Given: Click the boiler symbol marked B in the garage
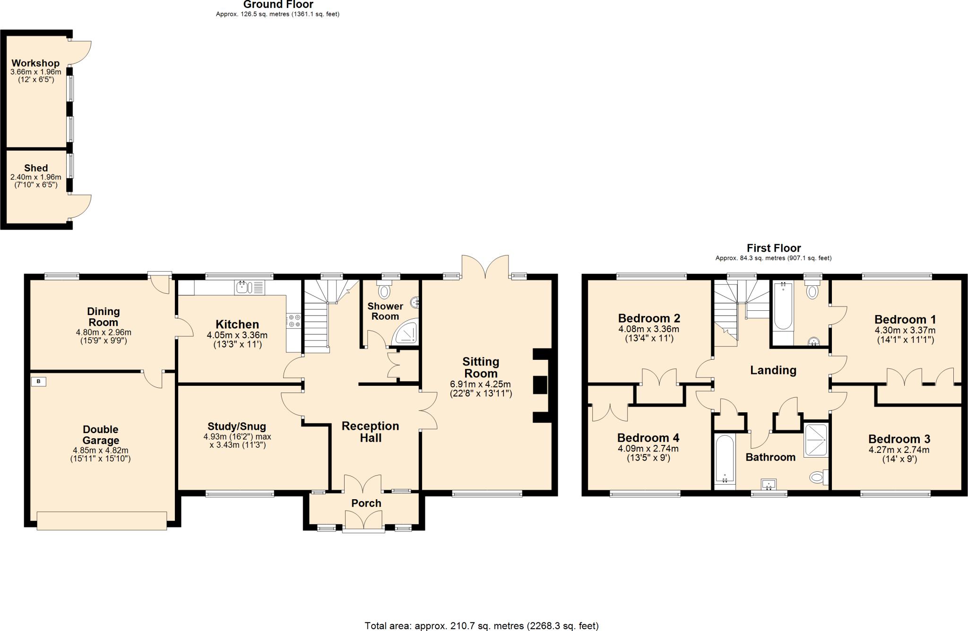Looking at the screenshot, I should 39,381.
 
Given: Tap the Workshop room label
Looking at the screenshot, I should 35,63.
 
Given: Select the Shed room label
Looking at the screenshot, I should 36,168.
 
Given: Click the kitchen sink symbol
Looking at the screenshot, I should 249,287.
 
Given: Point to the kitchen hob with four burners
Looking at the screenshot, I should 294,321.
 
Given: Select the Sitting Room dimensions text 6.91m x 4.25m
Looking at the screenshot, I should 480,384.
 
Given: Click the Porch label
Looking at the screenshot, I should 366,503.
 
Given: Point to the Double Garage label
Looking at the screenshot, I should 101,435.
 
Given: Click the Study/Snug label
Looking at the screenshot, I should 237,426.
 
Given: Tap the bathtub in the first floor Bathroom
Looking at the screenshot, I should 725,459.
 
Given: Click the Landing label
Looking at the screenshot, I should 773,370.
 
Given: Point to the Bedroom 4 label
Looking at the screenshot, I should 648,438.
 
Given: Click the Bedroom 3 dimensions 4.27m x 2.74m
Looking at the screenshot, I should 899,450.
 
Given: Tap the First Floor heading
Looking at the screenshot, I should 773,248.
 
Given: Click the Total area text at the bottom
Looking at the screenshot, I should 481,626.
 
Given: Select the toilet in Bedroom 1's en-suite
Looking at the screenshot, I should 812,291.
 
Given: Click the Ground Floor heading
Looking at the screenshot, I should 278,5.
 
